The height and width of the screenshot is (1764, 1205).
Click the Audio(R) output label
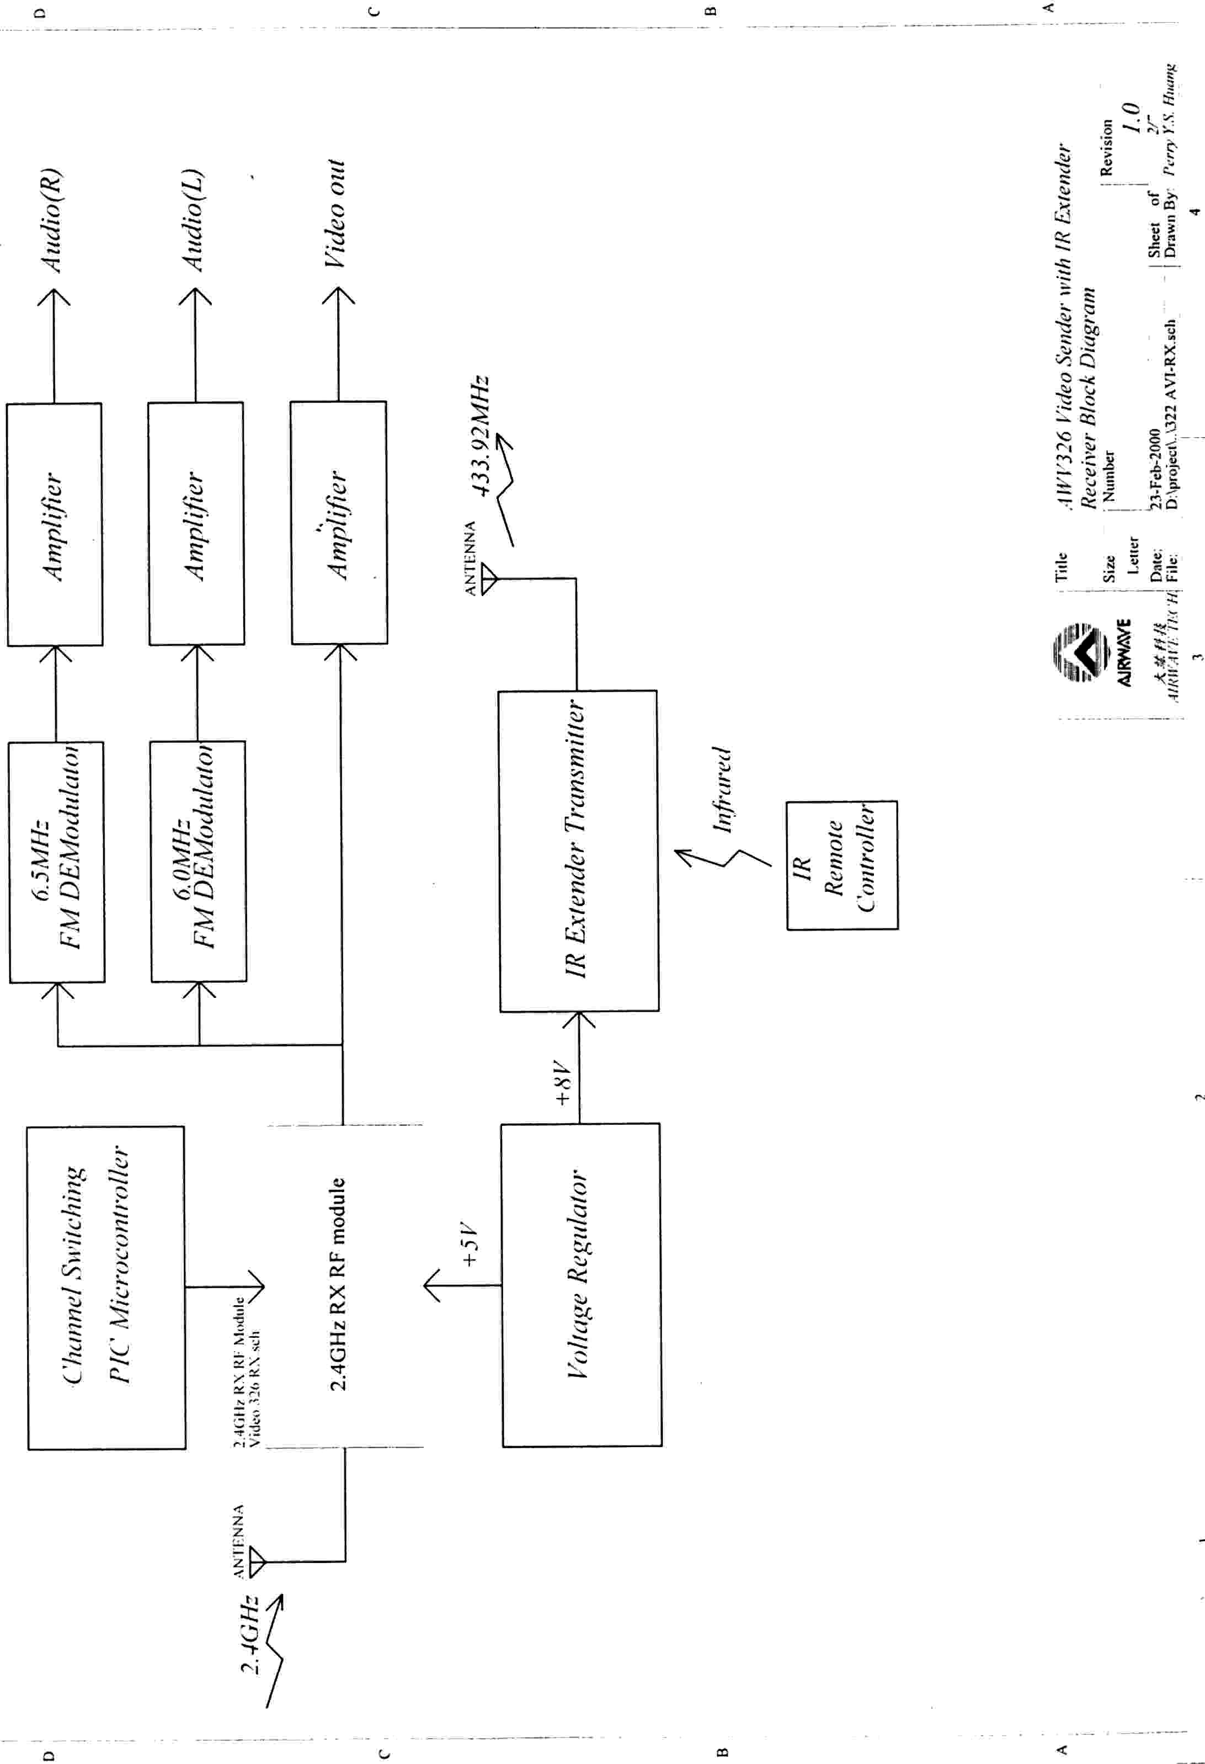coord(52,220)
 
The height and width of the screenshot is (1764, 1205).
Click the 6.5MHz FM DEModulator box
coord(57,862)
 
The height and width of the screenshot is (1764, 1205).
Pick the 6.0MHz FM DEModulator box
coord(198,862)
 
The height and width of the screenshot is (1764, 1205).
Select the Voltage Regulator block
coord(580,1284)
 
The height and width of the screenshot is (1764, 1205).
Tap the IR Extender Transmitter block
coord(578,850)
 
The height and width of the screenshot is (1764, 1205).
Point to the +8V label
coord(562,1083)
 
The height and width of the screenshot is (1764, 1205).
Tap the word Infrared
coord(722,789)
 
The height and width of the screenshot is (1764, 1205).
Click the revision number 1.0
coord(1131,118)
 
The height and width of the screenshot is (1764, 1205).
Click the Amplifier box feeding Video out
coord(338,523)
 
